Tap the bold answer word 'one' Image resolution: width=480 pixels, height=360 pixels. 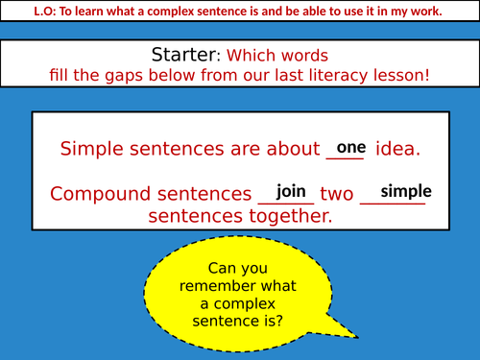[352, 147]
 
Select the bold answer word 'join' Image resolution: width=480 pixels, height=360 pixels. [291, 192]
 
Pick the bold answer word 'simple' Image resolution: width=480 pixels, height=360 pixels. [406, 191]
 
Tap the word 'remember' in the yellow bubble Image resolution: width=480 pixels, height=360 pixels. [240, 287]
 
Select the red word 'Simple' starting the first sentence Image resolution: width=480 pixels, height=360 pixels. [93, 150]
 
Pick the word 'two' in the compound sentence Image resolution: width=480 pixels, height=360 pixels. [337, 194]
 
